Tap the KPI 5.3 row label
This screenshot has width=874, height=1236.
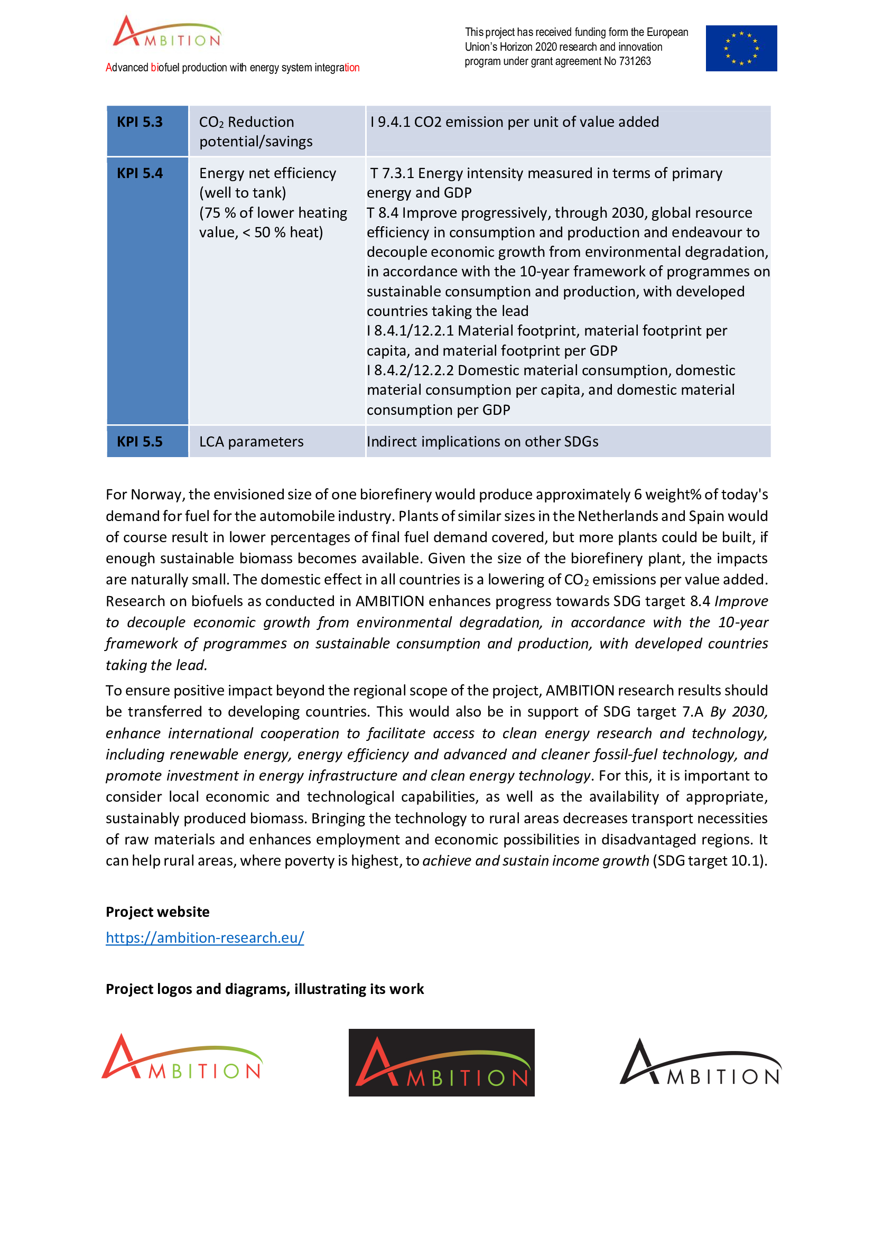(x=140, y=122)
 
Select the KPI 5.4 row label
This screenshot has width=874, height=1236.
(x=140, y=173)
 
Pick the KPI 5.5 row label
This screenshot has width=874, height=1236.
(x=140, y=441)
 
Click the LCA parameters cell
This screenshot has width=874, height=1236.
(x=252, y=441)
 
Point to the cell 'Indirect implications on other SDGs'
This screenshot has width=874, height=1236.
(x=482, y=441)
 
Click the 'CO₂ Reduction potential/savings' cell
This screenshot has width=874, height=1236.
(x=256, y=132)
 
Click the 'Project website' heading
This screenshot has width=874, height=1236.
(x=157, y=912)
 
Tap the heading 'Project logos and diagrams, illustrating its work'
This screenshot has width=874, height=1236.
(x=264, y=989)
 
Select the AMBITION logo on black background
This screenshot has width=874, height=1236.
(x=441, y=1063)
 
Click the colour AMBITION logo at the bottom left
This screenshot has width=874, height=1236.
(x=182, y=1058)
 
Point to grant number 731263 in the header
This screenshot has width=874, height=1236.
(x=635, y=61)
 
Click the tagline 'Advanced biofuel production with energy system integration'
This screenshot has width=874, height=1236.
(x=233, y=68)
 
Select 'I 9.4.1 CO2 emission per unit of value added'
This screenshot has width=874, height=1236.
(x=514, y=122)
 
